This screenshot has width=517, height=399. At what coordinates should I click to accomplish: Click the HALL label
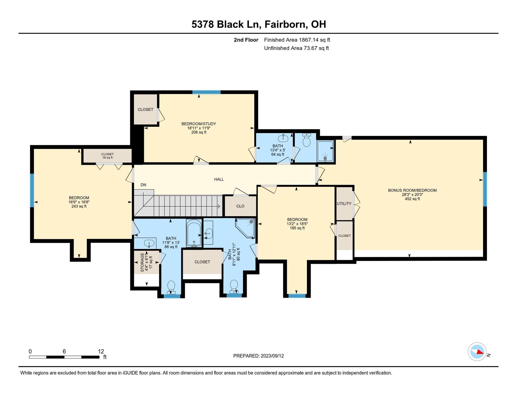(x=219, y=179)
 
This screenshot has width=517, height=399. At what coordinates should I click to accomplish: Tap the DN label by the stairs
(x=143, y=185)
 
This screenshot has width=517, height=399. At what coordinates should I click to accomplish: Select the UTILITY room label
(x=344, y=204)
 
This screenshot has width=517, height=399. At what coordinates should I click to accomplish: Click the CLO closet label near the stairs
(x=240, y=206)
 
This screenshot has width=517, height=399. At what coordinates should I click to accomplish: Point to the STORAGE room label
(x=142, y=262)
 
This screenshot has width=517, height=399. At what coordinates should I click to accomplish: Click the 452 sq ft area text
(x=412, y=199)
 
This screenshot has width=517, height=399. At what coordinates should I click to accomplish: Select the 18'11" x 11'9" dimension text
(x=199, y=128)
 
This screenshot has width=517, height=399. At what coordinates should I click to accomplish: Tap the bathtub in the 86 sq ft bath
(x=194, y=233)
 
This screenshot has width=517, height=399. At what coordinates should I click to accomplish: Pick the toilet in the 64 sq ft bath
(x=306, y=141)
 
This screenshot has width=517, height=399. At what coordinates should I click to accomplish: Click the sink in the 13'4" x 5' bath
(x=283, y=138)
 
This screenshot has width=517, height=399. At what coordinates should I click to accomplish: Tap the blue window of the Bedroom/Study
(x=206, y=92)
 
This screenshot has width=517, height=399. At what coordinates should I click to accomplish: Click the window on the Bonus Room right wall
(x=485, y=189)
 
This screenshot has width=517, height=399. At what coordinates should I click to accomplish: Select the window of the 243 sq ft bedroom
(x=32, y=190)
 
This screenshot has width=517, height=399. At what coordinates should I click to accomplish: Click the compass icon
(x=477, y=351)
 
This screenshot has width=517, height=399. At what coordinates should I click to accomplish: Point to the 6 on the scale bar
(x=64, y=351)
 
